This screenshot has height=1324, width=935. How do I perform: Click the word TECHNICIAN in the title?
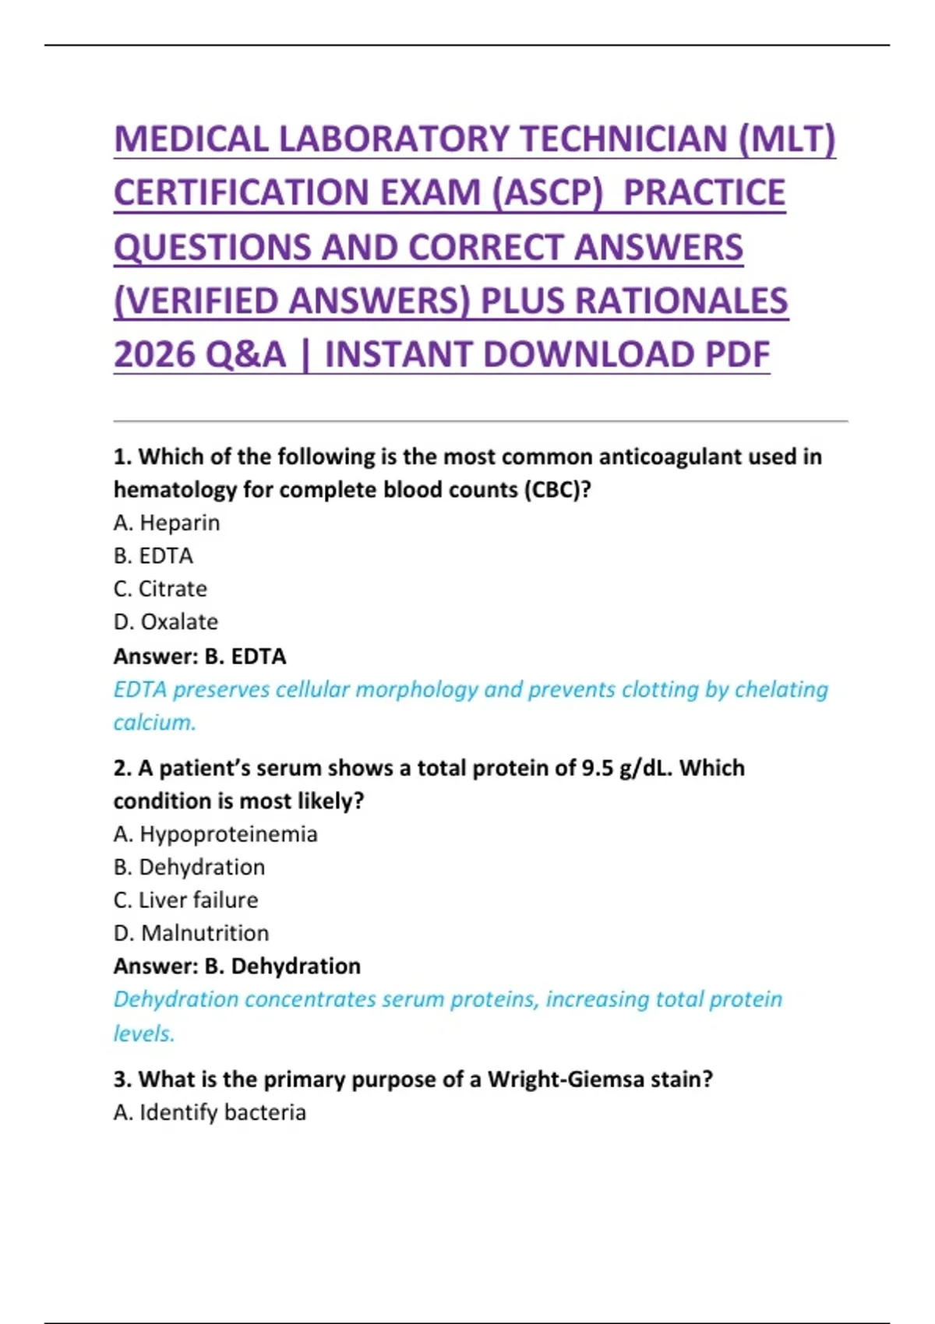[x=622, y=139]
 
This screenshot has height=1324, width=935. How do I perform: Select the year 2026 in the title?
[x=153, y=355]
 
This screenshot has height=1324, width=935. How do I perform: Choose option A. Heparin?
[x=167, y=523]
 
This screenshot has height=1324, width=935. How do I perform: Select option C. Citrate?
[x=161, y=589]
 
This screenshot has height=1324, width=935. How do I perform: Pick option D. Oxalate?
[x=166, y=622]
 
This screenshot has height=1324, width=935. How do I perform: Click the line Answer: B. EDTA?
[x=199, y=657]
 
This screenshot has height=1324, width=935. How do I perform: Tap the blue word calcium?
[x=154, y=723]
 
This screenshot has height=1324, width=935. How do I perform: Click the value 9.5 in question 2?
[x=598, y=768]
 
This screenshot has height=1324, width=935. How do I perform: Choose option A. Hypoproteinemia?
[x=215, y=834]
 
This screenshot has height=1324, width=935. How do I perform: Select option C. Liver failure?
[x=185, y=900]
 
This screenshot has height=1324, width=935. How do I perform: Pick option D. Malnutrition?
[x=191, y=933]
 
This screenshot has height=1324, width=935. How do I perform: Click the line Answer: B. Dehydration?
[x=237, y=967]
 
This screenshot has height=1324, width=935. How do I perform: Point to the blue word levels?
[x=144, y=1033]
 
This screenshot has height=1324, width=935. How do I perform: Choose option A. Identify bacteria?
[x=210, y=1112]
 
